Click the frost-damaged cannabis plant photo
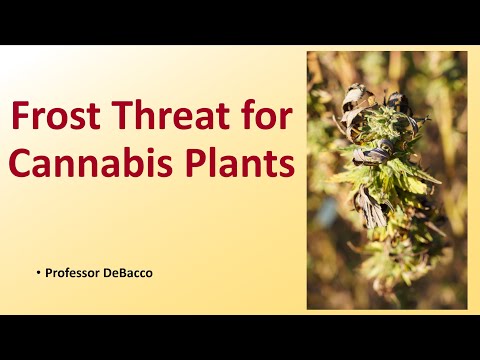coord(387,180)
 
